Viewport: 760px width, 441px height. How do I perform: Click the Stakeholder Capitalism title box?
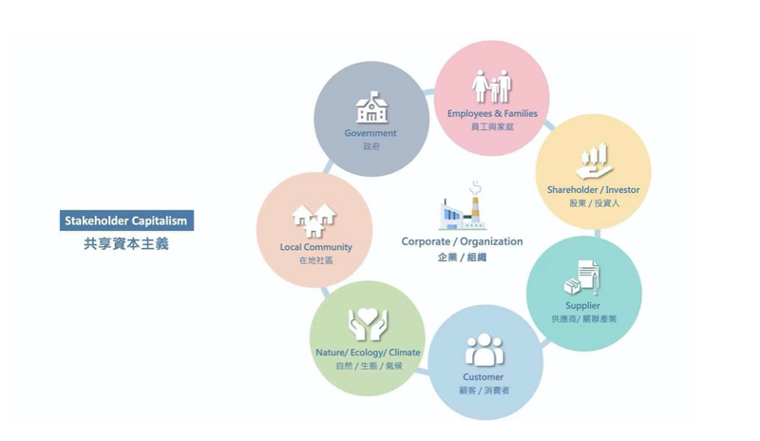point(126,220)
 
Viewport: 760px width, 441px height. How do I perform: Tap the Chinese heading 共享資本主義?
point(126,243)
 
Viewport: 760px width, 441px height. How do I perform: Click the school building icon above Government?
point(371,107)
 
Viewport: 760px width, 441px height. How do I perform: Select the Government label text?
point(370,133)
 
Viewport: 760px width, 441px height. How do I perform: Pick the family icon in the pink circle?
point(492,86)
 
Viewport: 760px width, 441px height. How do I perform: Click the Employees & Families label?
point(492,113)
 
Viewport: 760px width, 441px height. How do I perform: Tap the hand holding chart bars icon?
point(595,161)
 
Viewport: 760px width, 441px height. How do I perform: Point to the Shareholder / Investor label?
point(593,190)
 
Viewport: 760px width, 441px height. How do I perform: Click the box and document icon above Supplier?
point(582,278)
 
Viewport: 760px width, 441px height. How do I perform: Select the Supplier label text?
point(582,306)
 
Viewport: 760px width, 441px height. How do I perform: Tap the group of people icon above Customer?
point(484,350)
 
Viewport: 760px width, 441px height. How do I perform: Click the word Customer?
point(483,377)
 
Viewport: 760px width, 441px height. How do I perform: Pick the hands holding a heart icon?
point(368,323)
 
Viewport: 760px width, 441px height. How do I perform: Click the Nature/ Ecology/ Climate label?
point(368,353)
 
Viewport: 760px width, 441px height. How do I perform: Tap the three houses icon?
point(313,220)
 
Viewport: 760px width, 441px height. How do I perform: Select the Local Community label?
point(316,247)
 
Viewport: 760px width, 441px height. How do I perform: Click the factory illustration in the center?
point(462,206)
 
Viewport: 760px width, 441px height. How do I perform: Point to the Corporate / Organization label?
point(462,241)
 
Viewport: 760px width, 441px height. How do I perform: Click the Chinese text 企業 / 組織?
point(462,258)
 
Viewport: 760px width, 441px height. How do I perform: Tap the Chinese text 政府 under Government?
point(371,146)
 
